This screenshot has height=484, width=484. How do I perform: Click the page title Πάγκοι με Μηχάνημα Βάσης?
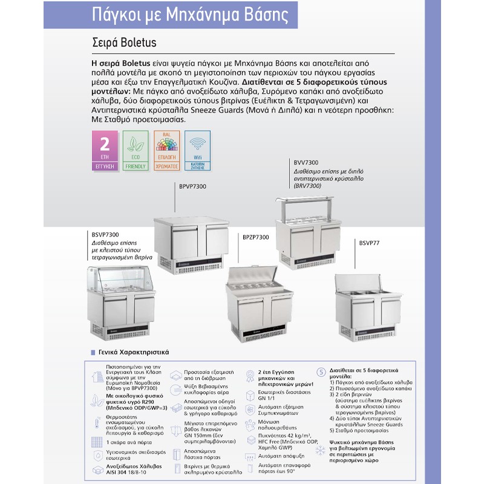187,15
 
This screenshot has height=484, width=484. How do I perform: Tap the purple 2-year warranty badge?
104,149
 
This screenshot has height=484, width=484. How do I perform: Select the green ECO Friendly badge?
136,149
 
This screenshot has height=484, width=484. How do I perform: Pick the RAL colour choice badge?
166,149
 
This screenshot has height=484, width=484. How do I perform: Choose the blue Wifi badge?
197,149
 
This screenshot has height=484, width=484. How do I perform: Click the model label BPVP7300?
193,186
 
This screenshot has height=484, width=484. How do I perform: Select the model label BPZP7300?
255,238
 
